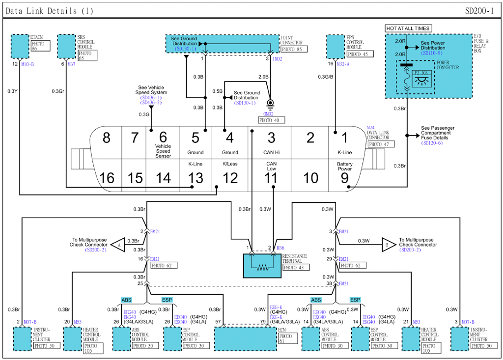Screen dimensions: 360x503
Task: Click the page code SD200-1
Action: click(x=479, y=10)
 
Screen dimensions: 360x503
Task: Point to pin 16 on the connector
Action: click(x=107, y=177)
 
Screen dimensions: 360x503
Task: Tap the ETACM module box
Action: click(x=20, y=46)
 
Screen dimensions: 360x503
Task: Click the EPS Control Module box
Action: click(x=336, y=46)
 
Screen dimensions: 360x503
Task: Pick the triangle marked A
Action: click(x=117, y=243)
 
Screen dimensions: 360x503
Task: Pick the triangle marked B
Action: click(x=388, y=243)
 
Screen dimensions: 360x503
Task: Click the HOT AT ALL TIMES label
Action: click(x=408, y=28)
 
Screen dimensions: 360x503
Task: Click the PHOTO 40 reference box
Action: click(x=271, y=120)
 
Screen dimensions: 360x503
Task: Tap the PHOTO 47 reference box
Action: click(x=381, y=144)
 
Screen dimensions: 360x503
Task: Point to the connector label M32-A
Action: click(x=343, y=64)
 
